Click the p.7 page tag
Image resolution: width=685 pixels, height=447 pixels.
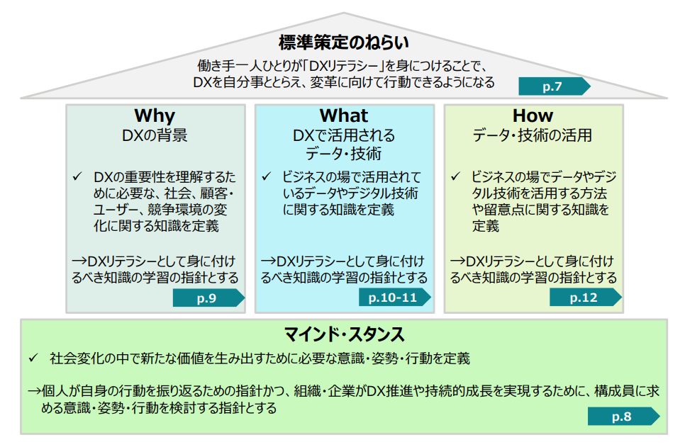(555, 86)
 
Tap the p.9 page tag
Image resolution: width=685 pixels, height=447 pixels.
(208, 298)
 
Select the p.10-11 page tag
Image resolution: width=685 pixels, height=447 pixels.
(395, 298)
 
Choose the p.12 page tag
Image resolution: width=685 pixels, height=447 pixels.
(586, 298)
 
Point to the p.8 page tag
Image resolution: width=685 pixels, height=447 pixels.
(624, 417)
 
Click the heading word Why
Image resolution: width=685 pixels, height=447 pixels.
(155, 115)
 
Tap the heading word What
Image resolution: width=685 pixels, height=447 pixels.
(344, 115)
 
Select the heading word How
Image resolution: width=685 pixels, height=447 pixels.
(533, 115)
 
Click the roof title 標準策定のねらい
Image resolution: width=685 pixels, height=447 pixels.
(344, 43)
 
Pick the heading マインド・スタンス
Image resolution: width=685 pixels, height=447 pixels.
(344, 334)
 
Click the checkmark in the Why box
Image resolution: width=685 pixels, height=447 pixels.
(77, 176)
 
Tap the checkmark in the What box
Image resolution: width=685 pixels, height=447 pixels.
(267, 176)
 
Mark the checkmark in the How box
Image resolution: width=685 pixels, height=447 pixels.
(456, 176)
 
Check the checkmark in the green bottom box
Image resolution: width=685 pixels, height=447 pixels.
(33, 358)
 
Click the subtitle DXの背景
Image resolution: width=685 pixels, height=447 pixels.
(155, 135)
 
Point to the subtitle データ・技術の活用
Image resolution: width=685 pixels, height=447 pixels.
(533, 135)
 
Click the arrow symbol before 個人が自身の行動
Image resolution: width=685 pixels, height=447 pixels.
(35, 391)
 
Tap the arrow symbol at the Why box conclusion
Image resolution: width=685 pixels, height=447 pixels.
(80, 261)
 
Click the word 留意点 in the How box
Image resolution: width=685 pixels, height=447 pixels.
(504, 210)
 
